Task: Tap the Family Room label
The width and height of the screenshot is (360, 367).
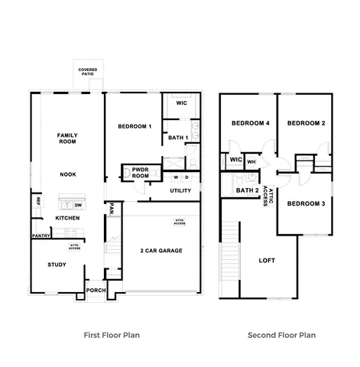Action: [x=68, y=138]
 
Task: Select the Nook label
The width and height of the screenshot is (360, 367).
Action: [x=68, y=174]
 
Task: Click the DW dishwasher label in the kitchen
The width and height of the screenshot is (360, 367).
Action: [x=78, y=205]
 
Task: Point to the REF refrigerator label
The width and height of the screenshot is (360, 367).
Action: [x=37, y=201]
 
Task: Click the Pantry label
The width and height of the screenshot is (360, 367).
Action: [x=41, y=236]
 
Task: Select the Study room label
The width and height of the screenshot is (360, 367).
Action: [x=57, y=265]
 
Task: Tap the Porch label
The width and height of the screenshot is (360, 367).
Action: [x=96, y=291]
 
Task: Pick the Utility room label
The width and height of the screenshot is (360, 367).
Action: [x=180, y=190]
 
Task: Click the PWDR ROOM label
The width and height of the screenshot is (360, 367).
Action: [x=140, y=173]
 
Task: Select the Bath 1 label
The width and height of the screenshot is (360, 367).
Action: [x=178, y=138]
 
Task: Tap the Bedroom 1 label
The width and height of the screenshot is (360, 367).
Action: [x=135, y=125]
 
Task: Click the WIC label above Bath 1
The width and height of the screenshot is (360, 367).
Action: [x=181, y=103]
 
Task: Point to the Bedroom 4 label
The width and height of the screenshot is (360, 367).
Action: [x=248, y=123]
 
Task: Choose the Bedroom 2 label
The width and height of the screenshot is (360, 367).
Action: [x=306, y=123]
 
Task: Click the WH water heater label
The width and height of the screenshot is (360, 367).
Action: [x=251, y=161]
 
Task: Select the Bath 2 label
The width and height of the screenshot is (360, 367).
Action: [x=247, y=190]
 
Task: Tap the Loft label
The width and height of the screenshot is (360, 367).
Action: [x=267, y=260]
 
